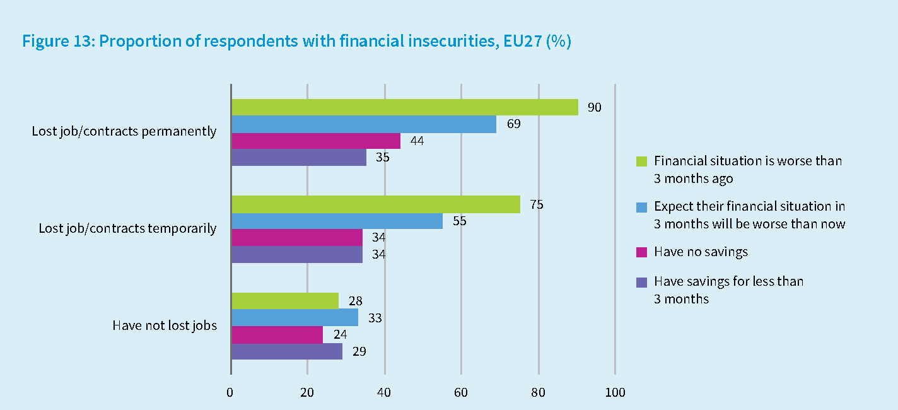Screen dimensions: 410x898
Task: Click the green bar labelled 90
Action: pyautogui.click(x=404, y=107)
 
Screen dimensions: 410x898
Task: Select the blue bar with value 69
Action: pyautogui.click(x=363, y=124)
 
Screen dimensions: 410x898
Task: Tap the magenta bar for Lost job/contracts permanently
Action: pyautogui.click(x=315, y=141)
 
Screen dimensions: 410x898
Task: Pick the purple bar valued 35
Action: pyautogui.click(x=298, y=158)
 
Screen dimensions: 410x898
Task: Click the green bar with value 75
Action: pyautogui.click(x=375, y=204)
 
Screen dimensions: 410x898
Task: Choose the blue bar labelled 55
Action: pyautogui.click(x=337, y=221)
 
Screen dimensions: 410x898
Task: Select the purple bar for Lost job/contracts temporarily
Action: pyautogui.click(x=296, y=255)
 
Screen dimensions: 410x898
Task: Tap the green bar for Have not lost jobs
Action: pyautogui.click(x=284, y=301)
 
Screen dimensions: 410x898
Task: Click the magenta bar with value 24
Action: pyautogui.click(x=277, y=334)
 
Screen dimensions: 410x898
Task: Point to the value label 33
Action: pyautogui.click(x=375, y=318)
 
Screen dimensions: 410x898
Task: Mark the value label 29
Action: pyautogui.click(x=359, y=351)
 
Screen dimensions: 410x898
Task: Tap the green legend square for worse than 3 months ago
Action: pyautogui.click(x=642, y=161)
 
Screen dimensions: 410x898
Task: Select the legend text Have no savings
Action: pyautogui.click(x=701, y=252)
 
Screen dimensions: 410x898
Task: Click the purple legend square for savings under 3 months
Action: pyautogui.click(x=642, y=281)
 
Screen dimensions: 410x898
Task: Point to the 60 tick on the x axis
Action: pyautogui.click(x=461, y=393)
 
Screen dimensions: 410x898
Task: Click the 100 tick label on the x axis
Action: pyautogui.click(x=615, y=393)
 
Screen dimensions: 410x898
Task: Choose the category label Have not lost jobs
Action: pyautogui.click(x=165, y=326)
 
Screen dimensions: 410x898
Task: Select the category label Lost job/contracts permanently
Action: pyautogui.click(x=124, y=132)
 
